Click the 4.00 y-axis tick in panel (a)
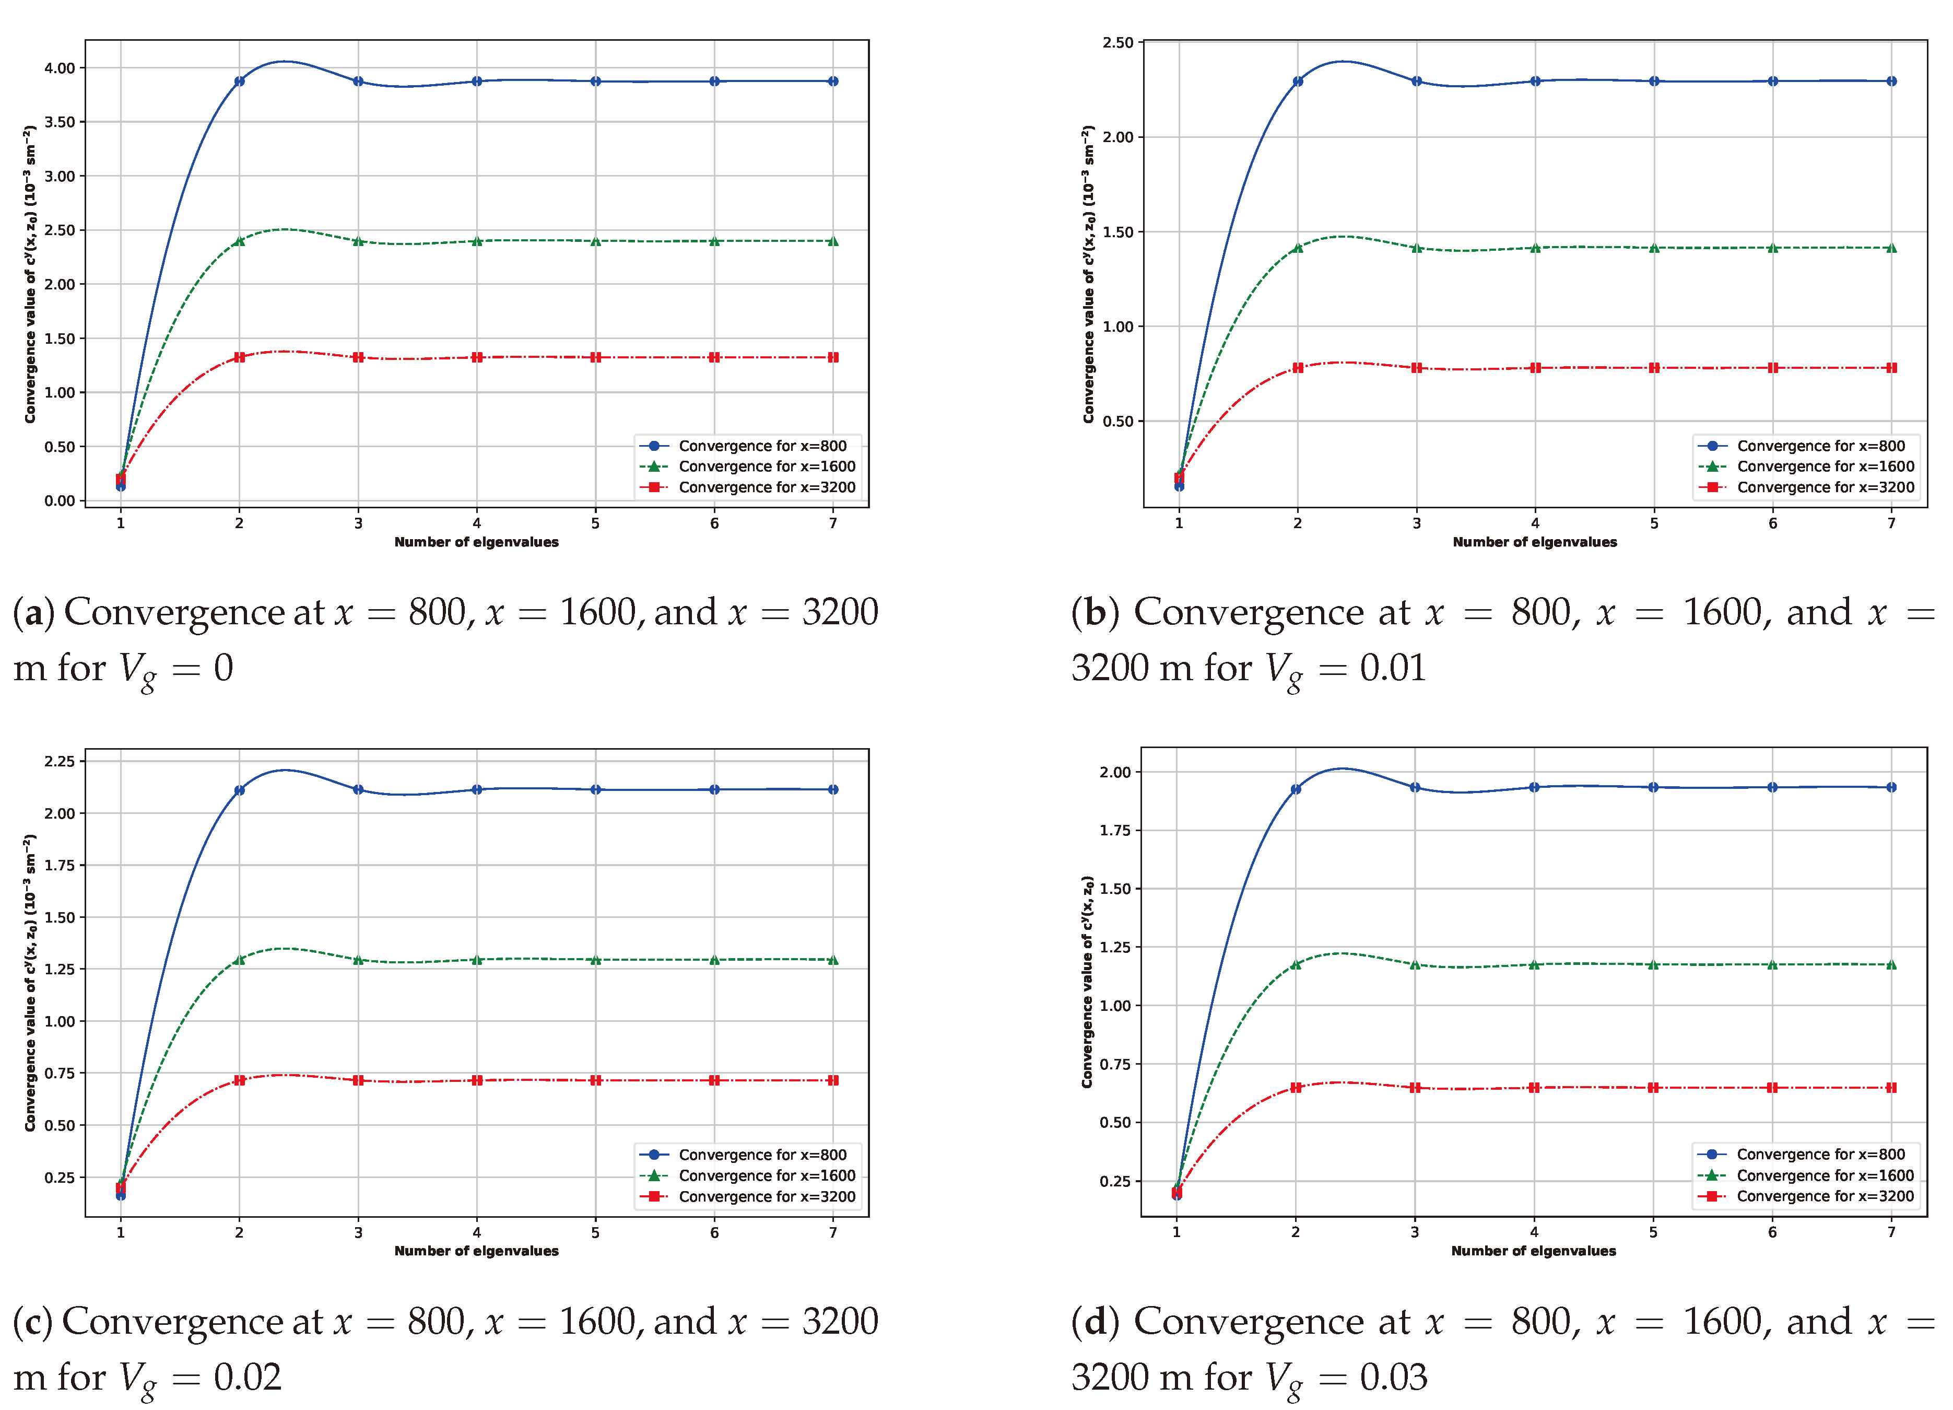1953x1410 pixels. tap(60, 68)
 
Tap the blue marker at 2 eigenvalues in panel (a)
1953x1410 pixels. tap(239, 81)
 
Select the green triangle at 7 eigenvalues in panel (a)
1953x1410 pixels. tap(833, 241)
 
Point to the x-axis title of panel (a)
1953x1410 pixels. tap(476, 542)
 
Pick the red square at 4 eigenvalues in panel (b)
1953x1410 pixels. tap(1535, 368)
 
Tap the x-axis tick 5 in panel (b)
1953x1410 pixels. tap(1653, 523)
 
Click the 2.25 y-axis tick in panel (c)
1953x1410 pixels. tap(60, 761)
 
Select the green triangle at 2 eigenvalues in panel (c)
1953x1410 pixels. tap(239, 960)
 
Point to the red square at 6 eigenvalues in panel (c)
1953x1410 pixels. tap(714, 1080)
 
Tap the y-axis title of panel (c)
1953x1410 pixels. tap(30, 982)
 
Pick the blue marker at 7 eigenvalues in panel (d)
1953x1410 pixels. tap(1891, 787)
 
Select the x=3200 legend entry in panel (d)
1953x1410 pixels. tap(1825, 1196)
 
